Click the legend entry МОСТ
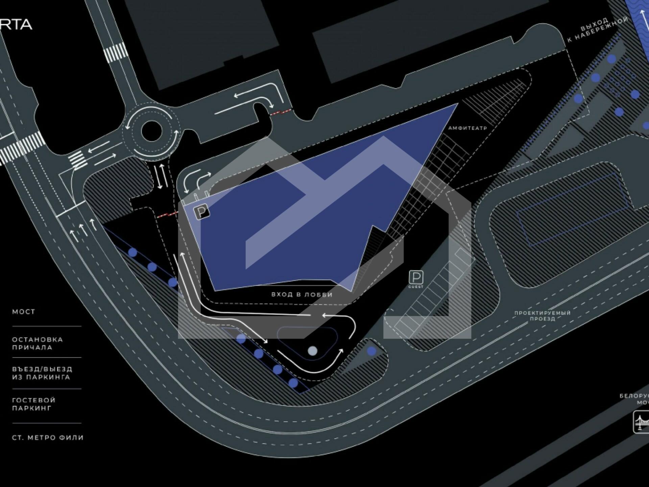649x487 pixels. coord(24,312)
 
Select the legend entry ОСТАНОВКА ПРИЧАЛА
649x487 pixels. coord(37,343)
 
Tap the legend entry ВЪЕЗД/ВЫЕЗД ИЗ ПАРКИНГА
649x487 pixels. coord(42,373)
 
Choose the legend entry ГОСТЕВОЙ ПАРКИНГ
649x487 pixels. coord(33,404)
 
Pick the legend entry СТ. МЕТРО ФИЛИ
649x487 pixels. coord(48,438)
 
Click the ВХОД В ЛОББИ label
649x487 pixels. coord(302,295)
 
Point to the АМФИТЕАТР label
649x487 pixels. coord(468,128)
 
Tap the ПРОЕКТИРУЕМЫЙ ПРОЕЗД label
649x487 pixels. coord(542,316)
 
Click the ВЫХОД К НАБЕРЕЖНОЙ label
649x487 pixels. coord(598,30)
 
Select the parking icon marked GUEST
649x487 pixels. coord(416,278)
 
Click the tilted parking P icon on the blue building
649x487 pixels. coord(201,212)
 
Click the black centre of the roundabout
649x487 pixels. coord(151,132)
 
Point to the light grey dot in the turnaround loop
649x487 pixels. coord(313,351)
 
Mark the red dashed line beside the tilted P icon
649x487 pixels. coord(167,214)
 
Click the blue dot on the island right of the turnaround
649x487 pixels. coord(371,351)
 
